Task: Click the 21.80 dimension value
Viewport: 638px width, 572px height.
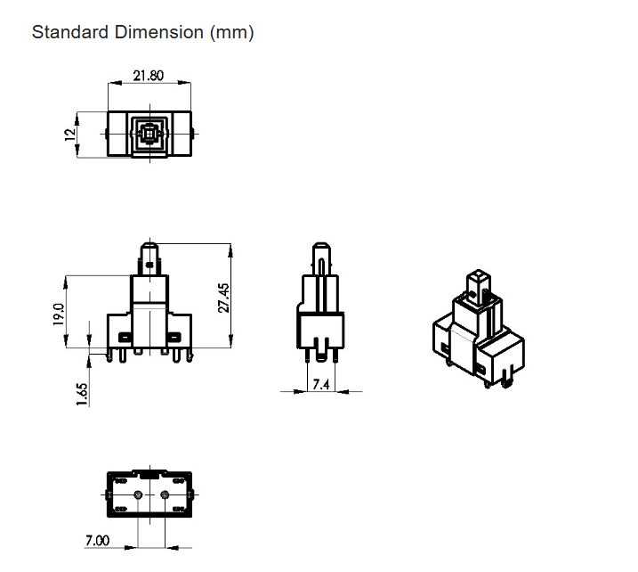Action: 148,76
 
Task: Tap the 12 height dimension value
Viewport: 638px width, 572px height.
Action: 70,134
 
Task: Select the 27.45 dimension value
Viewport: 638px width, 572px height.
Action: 224,298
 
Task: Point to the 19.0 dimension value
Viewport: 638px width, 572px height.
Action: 59,315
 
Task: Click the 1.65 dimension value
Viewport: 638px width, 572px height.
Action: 82,394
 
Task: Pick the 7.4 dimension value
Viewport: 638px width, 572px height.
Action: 321,384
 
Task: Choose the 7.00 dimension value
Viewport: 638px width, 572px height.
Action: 97,540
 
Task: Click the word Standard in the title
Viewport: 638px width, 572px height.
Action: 70,32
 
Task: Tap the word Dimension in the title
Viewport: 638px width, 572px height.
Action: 158,32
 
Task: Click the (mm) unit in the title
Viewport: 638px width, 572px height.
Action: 232,33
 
